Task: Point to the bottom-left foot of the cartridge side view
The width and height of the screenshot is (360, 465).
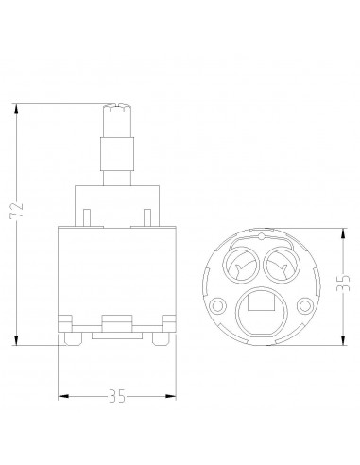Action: pyautogui.click(x=71, y=334)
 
